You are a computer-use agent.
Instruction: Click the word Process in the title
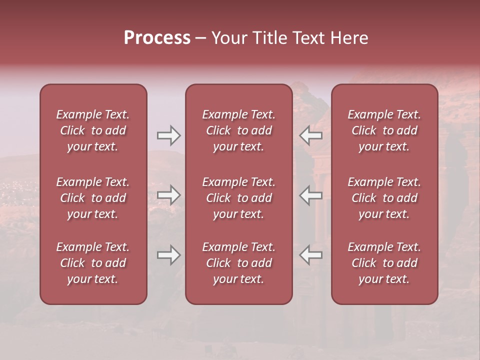(x=157, y=38)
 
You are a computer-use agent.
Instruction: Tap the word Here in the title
(x=349, y=38)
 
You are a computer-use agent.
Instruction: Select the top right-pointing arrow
(x=168, y=135)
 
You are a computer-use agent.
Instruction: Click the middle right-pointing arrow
(x=168, y=195)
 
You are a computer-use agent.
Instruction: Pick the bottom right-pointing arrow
(x=168, y=255)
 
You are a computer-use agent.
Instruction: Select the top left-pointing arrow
(x=310, y=135)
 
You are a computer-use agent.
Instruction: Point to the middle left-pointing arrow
(x=310, y=195)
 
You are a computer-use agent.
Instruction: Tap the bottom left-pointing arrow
(x=310, y=255)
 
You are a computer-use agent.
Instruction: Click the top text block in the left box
(x=93, y=130)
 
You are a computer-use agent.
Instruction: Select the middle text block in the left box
(x=93, y=198)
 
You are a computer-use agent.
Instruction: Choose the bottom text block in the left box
(x=93, y=263)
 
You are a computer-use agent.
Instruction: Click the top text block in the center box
(x=239, y=130)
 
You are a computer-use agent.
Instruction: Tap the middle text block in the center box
(x=239, y=198)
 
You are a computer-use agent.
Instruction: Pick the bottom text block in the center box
(x=239, y=263)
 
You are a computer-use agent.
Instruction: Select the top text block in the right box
(x=384, y=130)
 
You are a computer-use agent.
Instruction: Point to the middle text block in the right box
(x=384, y=198)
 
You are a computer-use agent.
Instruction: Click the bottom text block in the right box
(x=384, y=263)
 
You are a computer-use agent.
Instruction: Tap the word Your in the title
(x=229, y=38)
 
